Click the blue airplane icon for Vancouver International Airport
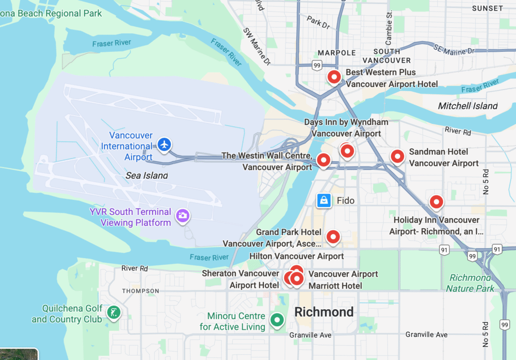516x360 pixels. click(x=164, y=145)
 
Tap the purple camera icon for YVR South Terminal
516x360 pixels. click(x=182, y=216)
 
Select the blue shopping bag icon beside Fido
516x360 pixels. click(x=324, y=200)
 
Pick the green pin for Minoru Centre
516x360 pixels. click(x=276, y=320)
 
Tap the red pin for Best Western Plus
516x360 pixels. click(x=334, y=78)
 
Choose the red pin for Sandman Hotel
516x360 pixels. click(x=398, y=157)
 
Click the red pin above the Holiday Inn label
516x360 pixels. click(x=436, y=202)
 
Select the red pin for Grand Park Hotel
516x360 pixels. click(x=333, y=237)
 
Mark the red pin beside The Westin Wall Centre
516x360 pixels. click(x=323, y=161)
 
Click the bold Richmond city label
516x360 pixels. click(x=324, y=312)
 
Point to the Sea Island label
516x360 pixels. click(x=146, y=176)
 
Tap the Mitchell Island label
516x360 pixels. click(x=468, y=106)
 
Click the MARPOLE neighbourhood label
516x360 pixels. click(x=337, y=53)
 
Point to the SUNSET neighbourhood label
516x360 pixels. click(x=487, y=8)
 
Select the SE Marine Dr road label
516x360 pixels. click(x=454, y=49)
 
